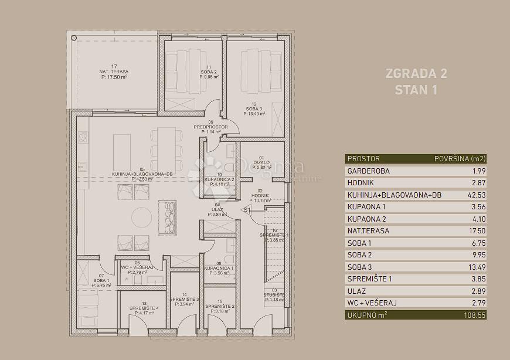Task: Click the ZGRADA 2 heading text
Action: (416, 74)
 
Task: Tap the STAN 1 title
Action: (416, 90)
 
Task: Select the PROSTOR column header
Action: (363, 159)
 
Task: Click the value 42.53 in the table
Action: (475, 195)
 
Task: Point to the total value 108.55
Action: (473, 315)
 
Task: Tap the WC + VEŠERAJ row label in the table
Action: (372, 303)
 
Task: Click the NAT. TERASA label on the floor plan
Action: (114, 72)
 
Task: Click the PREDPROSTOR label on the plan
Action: (210, 127)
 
